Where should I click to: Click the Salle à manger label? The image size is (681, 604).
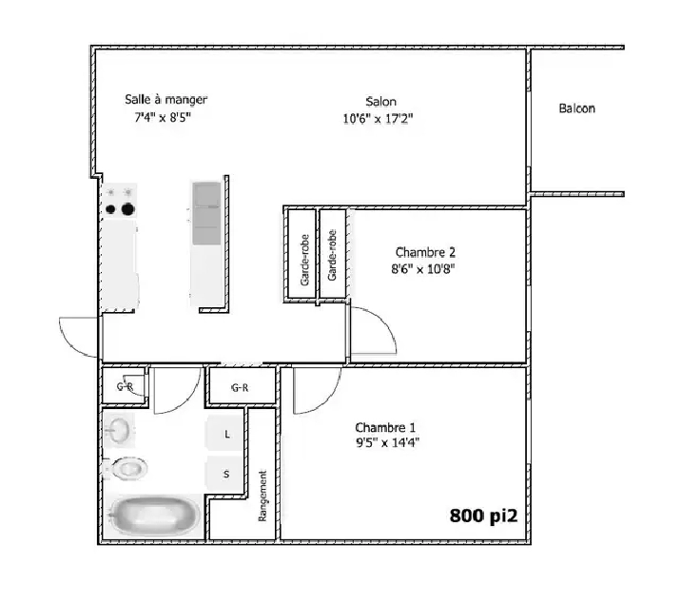[x=166, y=99]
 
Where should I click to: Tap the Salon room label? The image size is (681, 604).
[x=381, y=102]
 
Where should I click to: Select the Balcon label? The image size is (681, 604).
[x=577, y=108]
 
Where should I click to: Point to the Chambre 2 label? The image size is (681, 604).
[x=425, y=252]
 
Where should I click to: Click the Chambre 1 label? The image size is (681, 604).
[x=385, y=427]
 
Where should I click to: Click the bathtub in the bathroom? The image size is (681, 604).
[x=153, y=516]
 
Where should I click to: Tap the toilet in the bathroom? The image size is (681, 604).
[x=126, y=468]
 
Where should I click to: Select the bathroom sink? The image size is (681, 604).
[x=121, y=430]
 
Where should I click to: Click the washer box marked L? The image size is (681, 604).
[x=226, y=433]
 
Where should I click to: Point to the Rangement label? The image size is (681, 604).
[x=263, y=496]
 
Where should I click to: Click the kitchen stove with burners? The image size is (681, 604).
[x=120, y=201]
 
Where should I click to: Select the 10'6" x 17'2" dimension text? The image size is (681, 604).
[x=379, y=119]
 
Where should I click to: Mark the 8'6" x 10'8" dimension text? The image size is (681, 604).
[x=425, y=268]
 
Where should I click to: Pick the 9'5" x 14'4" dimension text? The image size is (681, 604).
[x=387, y=442]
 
